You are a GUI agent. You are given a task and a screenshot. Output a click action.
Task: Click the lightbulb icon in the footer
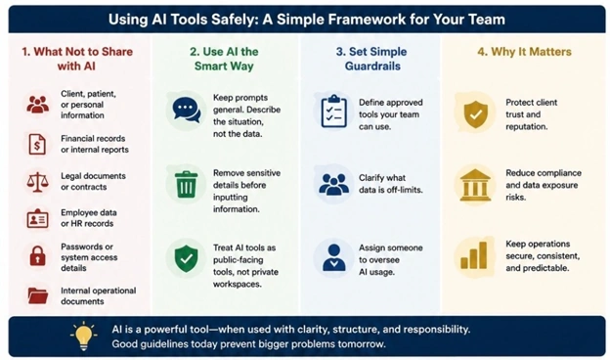[84, 336]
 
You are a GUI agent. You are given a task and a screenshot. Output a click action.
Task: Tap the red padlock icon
[38, 255]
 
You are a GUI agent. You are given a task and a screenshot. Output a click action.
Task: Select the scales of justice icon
[37, 182]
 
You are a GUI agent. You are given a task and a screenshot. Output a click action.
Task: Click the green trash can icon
[186, 185]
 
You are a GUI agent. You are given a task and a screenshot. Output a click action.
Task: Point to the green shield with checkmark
[187, 259]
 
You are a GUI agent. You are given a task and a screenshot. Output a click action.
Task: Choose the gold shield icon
[475, 114]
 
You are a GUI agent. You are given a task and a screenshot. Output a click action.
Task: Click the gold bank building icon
[475, 185]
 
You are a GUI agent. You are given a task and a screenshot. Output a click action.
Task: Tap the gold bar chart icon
[474, 255]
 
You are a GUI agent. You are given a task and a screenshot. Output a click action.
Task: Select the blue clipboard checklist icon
[333, 112]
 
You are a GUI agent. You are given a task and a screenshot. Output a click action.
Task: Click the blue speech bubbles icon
[187, 110]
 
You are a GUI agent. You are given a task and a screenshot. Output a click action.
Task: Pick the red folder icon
[38, 295]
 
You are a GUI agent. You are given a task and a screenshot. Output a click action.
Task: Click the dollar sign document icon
[37, 144]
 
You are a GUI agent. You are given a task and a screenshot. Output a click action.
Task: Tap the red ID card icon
[37, 218]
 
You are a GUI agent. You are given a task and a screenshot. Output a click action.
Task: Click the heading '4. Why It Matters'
[524, 52]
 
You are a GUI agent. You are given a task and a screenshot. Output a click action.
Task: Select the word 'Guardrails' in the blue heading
[372, 67]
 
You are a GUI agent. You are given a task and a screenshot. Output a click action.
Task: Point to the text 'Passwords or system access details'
[89, 257]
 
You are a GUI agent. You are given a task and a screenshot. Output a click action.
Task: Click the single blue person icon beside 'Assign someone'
[333, 257]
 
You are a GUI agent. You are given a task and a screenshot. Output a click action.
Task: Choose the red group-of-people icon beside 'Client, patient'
[38, 105]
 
